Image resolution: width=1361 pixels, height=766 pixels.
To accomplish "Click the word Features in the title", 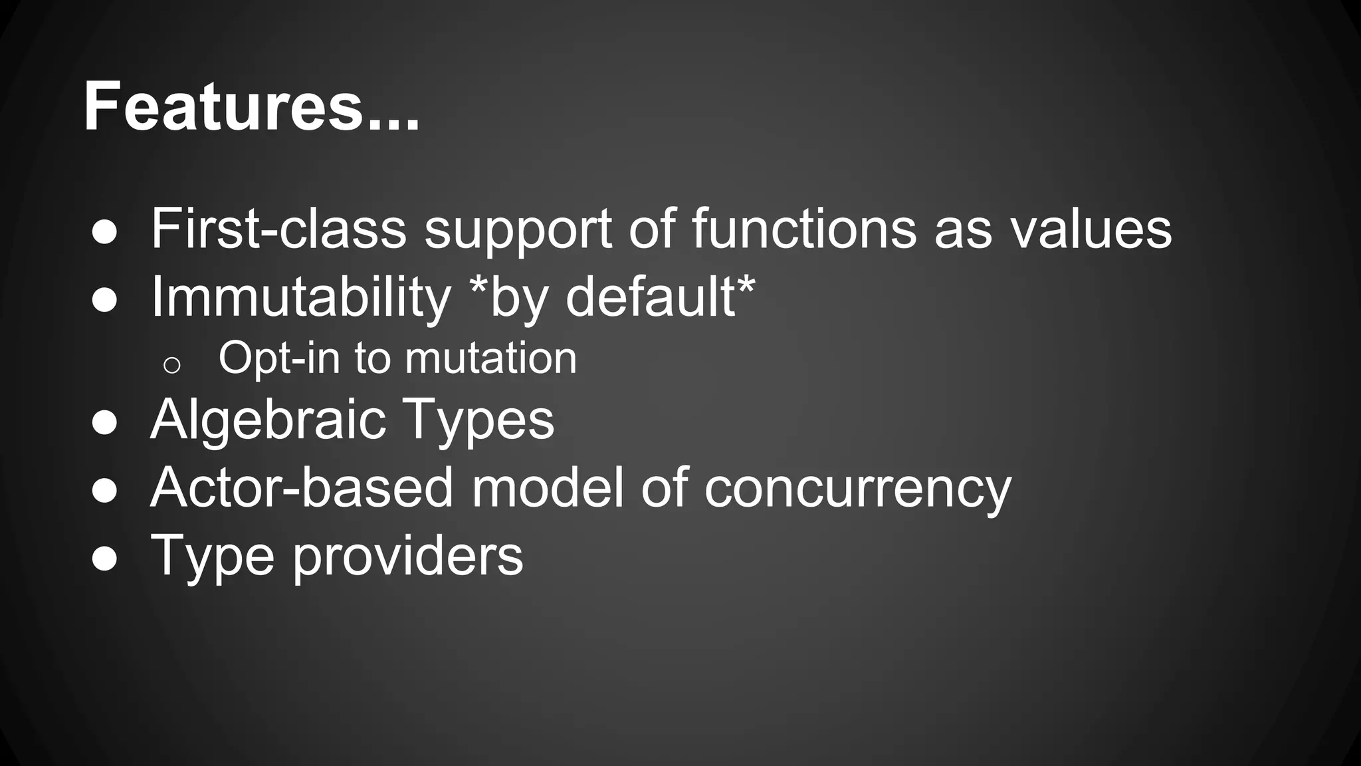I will [223, 106].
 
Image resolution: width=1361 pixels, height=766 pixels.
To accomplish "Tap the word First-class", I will [278, 229].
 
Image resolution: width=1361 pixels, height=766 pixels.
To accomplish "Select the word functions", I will [804, 229].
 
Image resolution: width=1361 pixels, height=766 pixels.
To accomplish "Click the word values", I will [1091, 229].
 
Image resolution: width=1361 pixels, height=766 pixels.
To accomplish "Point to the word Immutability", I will [301, 297].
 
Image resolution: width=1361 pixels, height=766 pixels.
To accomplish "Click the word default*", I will [661, 297].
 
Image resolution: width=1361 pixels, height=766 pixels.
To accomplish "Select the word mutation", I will [490, 358].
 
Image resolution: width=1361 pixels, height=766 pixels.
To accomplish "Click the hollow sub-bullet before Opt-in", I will [171, 365].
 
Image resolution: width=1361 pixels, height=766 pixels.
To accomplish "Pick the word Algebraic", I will [268, 420].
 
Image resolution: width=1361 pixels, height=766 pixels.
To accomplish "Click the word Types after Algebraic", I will [478, 420].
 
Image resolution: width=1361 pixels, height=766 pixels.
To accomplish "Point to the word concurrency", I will [857, 489].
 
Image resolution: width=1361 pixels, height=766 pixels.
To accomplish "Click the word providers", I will [407, 556].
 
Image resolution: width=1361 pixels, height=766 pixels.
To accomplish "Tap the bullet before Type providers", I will [104, 559].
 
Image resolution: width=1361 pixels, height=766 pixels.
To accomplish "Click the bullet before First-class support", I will [104, 233].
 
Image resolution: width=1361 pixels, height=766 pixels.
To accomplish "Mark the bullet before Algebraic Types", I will [104, 423].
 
